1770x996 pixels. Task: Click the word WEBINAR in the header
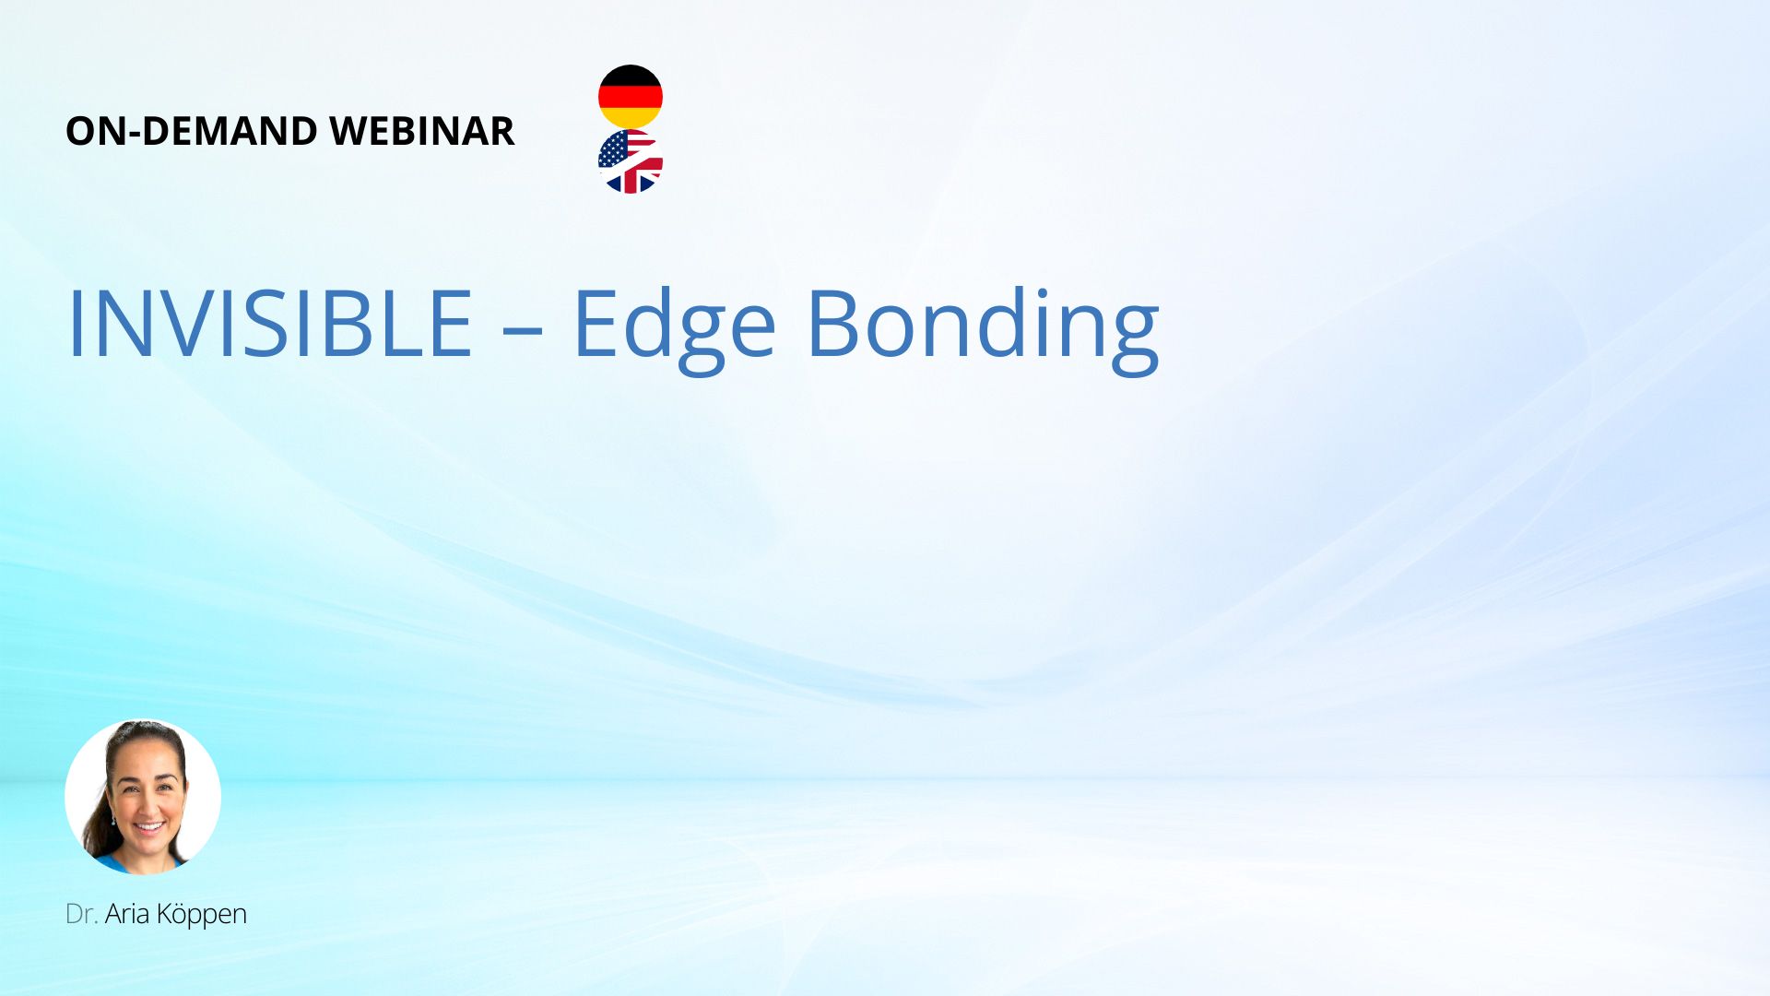point(421,131)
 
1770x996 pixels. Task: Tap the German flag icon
point(631,96)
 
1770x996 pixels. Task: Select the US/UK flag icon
point(631,161)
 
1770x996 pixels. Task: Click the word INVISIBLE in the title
point(270,324)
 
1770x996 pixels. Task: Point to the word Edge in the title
point(674,330)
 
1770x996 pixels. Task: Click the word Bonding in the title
point(983,330)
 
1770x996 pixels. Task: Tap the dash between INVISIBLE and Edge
point(523,330)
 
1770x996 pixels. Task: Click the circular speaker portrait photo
point(143,797)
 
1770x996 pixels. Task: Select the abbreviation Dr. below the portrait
point(81,914)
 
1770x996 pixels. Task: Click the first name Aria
point(127,914)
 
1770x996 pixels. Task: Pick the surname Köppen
point(202,916)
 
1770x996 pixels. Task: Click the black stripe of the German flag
point(631,75)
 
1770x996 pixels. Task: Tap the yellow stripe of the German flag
point(631,118)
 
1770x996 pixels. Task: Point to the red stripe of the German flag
point(631,97)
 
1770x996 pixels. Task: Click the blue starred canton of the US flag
point(613,148)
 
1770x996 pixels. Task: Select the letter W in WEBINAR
point(351,131)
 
